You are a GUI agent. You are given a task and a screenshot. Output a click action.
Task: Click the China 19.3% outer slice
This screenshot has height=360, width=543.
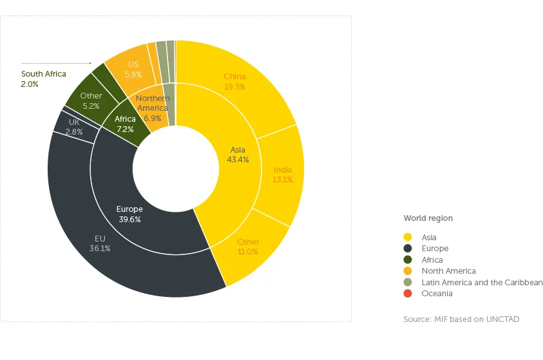(235, 82)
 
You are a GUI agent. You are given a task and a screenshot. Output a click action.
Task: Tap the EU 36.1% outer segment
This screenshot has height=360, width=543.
(100, 243)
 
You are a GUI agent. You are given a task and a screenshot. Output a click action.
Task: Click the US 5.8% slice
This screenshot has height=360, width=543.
(133, 69)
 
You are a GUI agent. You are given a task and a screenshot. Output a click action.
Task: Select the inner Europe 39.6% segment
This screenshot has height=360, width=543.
(129, 214)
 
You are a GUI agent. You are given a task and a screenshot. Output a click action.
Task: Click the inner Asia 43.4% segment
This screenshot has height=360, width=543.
(238, 155)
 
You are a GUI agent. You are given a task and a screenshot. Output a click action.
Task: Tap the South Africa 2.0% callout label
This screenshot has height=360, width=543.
(43, 79)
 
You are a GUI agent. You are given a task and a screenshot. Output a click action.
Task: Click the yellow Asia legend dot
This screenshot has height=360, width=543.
(407, 238)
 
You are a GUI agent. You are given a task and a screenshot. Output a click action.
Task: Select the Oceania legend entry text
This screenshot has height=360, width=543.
(437, 294)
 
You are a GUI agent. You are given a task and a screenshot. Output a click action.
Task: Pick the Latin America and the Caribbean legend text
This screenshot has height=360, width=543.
(482, 283)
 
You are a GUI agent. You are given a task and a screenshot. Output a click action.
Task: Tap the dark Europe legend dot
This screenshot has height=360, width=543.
(407, 249)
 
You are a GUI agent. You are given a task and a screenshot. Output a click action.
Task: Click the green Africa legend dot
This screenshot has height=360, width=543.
(407, 260)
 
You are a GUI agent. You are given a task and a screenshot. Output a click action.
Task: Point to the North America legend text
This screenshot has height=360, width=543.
(448, 271)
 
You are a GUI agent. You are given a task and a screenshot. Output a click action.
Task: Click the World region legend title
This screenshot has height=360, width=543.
(428, 218)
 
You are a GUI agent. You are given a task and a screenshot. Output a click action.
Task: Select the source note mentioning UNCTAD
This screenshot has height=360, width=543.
(461, 319)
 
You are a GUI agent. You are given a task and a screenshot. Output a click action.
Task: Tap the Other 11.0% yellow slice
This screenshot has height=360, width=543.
(248, 247)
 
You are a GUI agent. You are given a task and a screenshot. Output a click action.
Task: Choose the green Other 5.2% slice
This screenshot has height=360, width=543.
(91, 100)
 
